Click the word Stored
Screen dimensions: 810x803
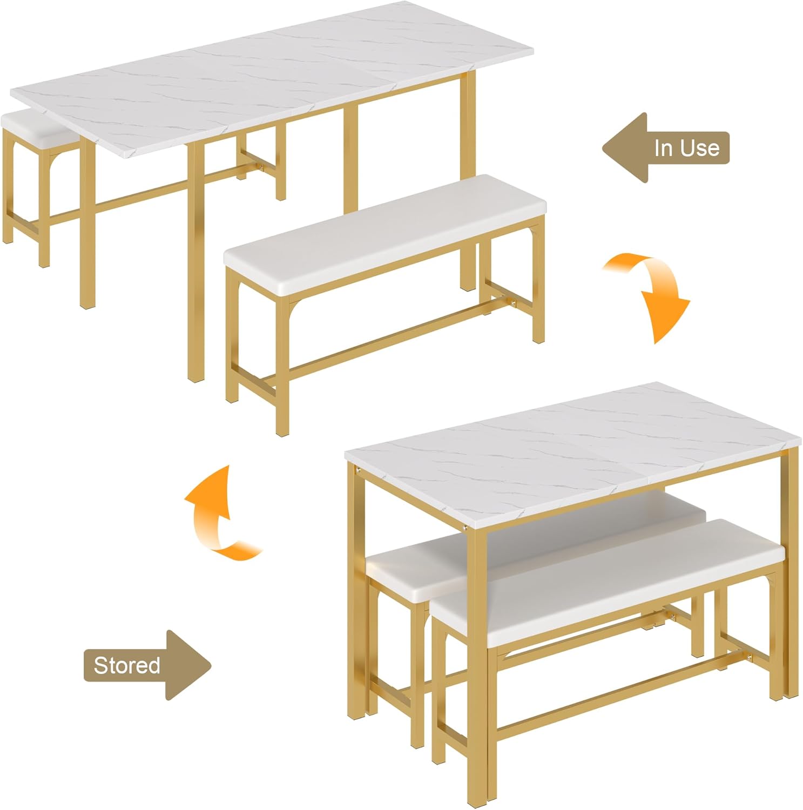[127, 665]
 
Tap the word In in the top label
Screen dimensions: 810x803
[663, 148]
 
